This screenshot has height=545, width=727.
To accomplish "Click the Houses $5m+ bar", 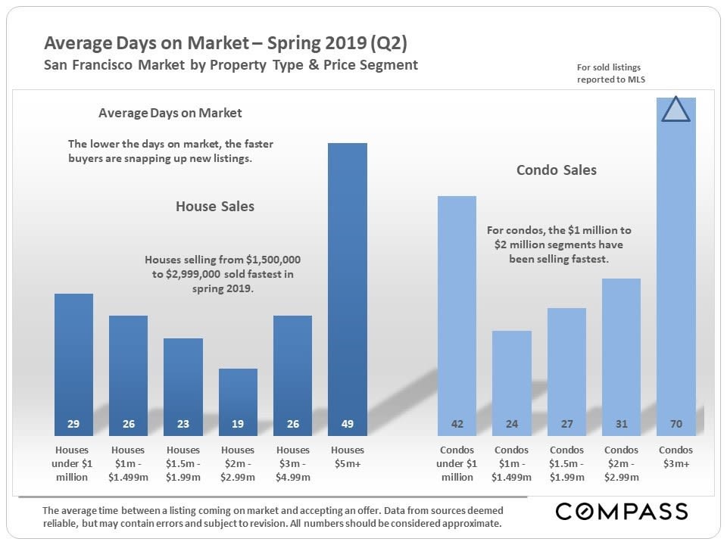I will pos(348,288).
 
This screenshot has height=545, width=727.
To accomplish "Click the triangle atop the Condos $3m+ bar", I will pos(676,109).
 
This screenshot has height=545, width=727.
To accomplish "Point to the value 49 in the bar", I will pos(348,424).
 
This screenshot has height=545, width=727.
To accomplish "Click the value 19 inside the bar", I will pos(238,424).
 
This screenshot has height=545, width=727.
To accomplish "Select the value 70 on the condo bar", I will pos(676,424).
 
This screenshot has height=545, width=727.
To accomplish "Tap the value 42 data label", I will pos(457,424).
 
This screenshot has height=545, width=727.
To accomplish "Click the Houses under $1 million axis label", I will pos(73,463).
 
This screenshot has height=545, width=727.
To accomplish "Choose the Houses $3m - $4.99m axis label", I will pos(293,463).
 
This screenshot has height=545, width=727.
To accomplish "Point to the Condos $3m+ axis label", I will pos(676,456).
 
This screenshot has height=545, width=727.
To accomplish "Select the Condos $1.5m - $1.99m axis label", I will pos(566,463).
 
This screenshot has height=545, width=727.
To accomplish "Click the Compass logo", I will pos(622,512).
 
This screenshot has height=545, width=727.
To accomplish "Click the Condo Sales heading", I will pos(557,170).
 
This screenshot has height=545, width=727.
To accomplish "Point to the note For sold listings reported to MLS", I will pos(610,73).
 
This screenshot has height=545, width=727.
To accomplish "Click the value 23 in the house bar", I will pos(183,424).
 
